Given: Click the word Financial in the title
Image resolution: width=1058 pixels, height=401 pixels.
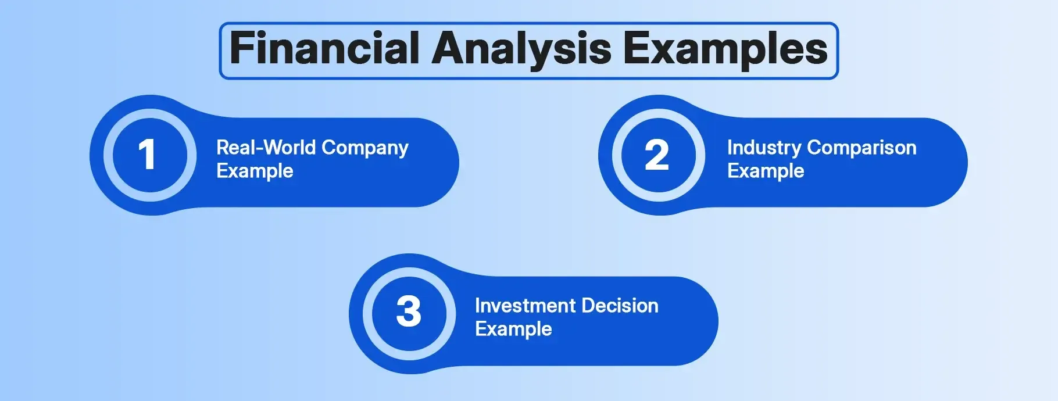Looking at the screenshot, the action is (x=325, y=48).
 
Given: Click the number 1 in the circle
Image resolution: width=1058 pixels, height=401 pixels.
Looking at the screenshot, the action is (x=147, y=155).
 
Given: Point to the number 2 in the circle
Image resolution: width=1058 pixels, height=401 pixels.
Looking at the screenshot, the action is (x=657, y=155).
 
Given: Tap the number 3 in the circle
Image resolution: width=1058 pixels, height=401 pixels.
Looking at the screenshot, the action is (x=409, y=312).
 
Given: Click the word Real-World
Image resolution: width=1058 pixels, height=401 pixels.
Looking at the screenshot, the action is (x=266, y=148).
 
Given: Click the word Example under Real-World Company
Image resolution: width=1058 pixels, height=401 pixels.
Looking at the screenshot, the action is (x=255, y=171).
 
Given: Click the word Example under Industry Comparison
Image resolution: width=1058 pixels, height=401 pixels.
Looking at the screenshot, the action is (x=766, y=171).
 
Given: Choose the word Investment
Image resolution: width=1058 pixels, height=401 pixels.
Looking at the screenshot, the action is (x=526, y=306).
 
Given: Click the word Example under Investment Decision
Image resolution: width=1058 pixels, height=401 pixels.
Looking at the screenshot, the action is (x=513, y=330).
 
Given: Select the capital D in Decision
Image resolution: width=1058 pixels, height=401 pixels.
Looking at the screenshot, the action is (x=589, y=306).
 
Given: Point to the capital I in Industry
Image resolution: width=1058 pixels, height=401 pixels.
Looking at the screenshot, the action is (x=730, y=148).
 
